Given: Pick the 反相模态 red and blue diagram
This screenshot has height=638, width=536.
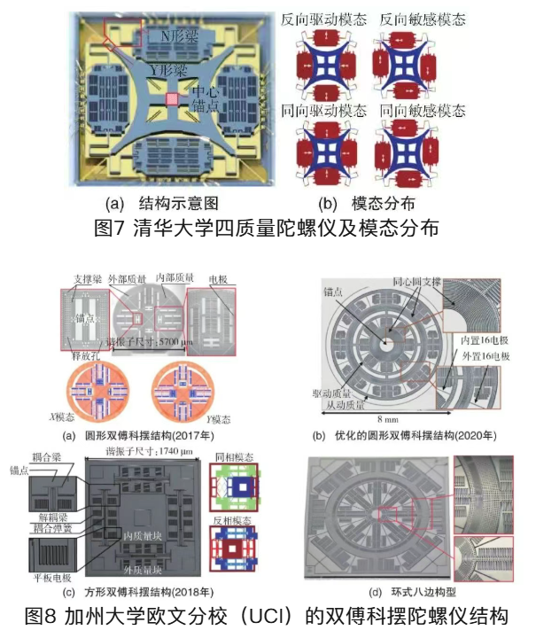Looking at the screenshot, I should click(x=232, y=552).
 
